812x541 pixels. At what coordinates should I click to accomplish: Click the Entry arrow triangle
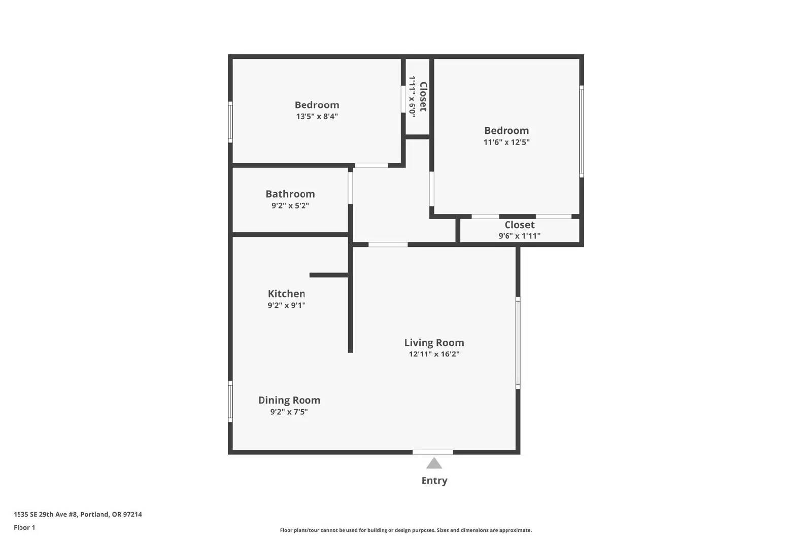coord(434,463)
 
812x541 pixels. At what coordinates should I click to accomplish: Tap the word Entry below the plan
coord(434,481)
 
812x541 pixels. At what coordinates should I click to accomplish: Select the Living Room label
coord(434,342)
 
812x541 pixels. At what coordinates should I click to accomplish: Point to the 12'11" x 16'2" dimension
coord(434,354)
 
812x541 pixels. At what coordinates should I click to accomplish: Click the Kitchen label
coord(286,293)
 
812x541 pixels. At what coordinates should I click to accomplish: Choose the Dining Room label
coord(289,400)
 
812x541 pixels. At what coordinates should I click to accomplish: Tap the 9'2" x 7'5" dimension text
coord(289,411)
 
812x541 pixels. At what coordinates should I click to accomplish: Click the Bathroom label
coord(290,194)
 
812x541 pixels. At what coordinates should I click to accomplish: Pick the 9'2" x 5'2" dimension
coord(290,205)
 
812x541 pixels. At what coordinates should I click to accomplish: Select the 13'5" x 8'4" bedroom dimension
coord(317,116)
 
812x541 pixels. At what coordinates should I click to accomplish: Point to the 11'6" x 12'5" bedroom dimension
coord(506,142)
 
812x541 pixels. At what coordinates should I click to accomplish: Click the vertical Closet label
coord(423,96)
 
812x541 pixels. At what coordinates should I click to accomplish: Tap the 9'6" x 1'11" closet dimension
coord(520,236)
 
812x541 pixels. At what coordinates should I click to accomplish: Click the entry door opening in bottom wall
coord(433,452)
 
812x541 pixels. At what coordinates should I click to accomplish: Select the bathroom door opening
coord(350,188)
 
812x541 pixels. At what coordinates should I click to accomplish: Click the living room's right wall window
coord(518,343)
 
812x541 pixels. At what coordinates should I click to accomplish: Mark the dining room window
coord(230,401)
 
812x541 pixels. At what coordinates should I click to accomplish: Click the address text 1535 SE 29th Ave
coord(46,514)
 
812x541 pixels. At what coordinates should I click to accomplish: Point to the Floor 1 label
coord(24,527)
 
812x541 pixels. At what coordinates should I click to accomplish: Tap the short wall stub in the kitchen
coord(329,275)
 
